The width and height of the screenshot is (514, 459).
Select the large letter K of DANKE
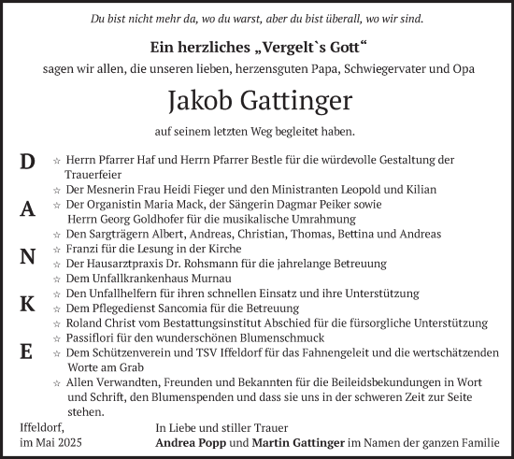(x=27, y=304)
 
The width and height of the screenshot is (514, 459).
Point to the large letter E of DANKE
(x=27, y=351)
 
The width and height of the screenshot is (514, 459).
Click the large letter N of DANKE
(x=27, y=257)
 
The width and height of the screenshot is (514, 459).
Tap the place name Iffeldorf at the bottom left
(x=40, y=427)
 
